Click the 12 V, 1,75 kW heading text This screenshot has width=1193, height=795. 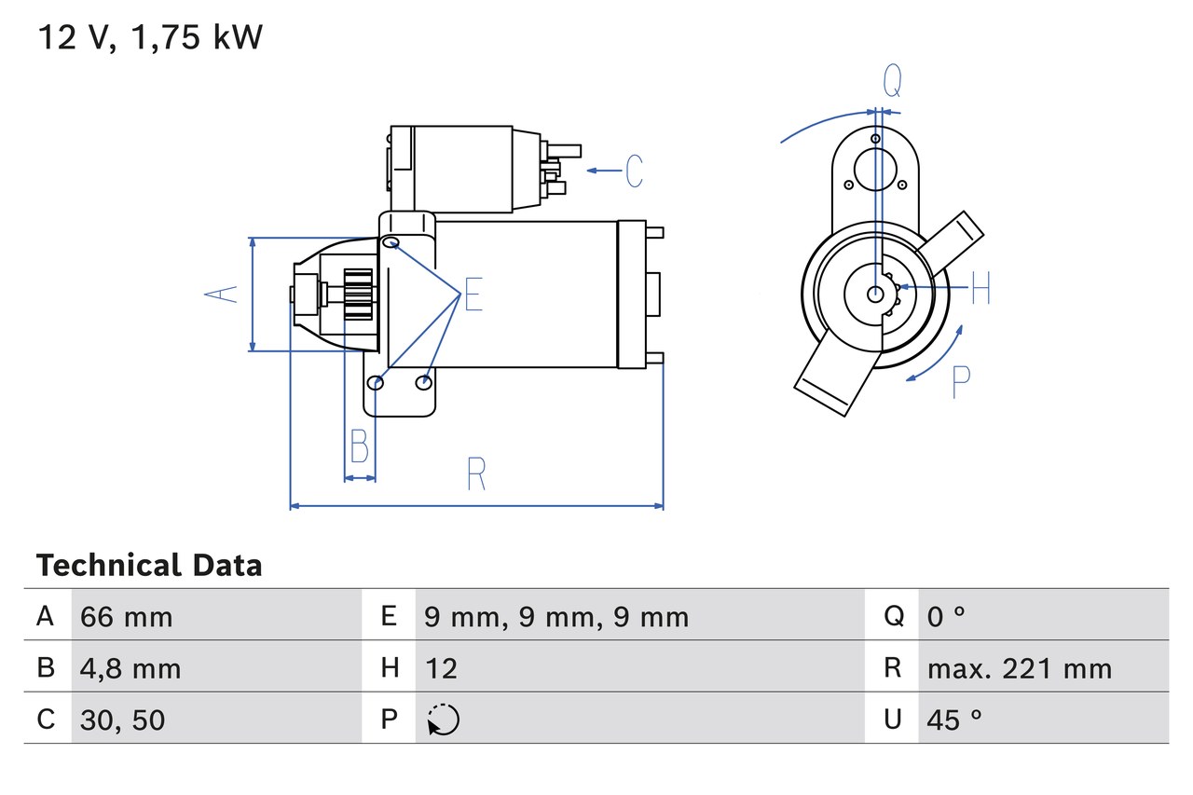click(150, 38)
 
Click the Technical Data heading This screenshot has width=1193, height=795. click(149, 566)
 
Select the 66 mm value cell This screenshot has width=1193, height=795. click(127, 616)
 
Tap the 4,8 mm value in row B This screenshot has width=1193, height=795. click(130, 668)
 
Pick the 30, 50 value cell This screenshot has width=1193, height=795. click(123, 720)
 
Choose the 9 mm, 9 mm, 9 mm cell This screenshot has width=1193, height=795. click(556, 616)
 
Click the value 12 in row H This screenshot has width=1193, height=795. click(441, 668)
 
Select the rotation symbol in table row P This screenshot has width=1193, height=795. click(443, 720)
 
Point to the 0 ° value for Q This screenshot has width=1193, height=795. click(946, 616)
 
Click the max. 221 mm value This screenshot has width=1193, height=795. click(1020, 668)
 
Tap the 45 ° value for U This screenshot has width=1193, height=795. click(955, 720)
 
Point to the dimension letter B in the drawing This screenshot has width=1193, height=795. click(359, 446)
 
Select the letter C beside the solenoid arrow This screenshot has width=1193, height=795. click(634, 171)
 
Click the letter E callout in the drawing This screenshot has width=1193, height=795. click(473, 295)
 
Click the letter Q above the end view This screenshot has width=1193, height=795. click(892, 82)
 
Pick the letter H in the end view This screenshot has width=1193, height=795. click(980, 289)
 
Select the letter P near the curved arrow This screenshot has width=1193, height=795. click(961, 382)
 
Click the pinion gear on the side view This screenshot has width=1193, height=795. click(358, 295)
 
